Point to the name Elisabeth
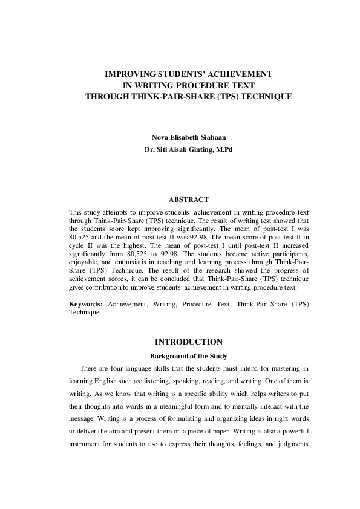click(178, 137)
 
